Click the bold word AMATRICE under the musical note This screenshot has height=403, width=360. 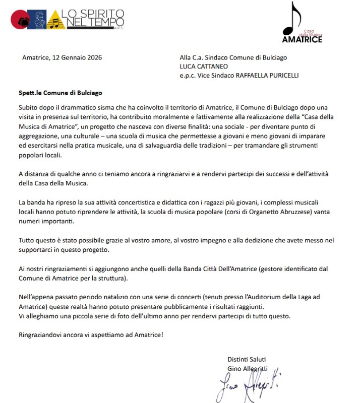pos(302,39)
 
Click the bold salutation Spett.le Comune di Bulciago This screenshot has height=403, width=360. pos(60,93)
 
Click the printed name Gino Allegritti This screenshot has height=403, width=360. pos(247,368)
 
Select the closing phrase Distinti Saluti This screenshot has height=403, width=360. pos(247,359)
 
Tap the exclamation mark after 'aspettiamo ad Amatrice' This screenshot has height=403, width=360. pos(162,335)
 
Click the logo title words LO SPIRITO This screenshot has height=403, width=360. pos(89,14)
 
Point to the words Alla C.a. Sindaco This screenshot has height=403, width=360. pos(206,57)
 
